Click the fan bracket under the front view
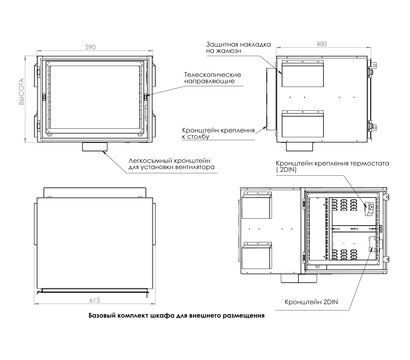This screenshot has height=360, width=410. tap(97, 148)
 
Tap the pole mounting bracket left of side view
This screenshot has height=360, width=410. tap(270, 97)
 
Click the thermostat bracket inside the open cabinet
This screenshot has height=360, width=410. tap(368, 207)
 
